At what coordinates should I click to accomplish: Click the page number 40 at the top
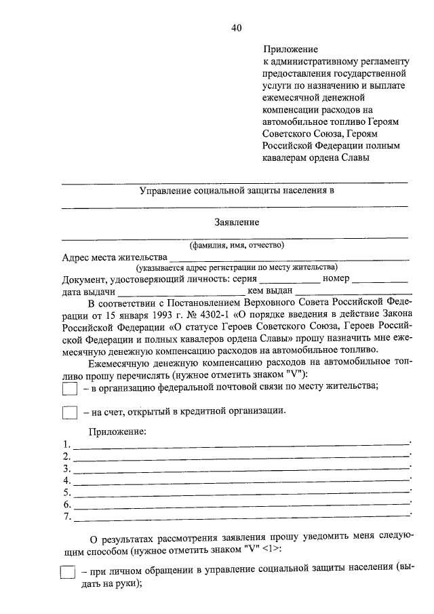pos(235,28)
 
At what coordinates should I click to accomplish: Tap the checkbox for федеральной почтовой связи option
pos(70,389)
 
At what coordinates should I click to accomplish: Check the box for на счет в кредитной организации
pos(70,412)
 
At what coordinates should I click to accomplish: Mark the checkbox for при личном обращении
pos(67,573)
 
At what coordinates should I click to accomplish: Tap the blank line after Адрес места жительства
pos(290,258)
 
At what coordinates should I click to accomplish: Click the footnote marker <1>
pos(271,548)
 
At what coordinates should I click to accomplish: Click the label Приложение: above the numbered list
pos(117,431)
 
